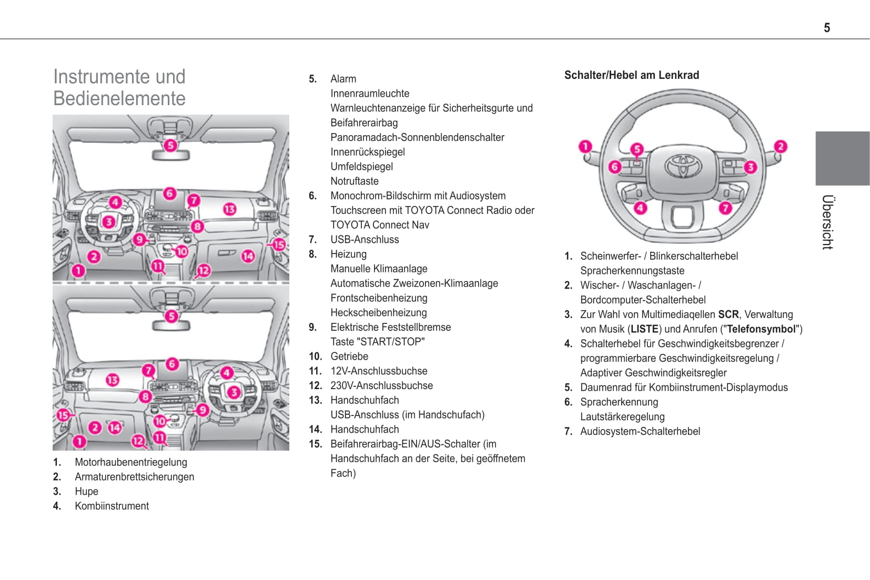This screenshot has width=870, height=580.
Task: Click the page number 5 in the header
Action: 827,28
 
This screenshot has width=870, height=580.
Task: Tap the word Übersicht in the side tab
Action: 827,222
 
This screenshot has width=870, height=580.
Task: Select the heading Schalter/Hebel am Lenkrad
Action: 631,75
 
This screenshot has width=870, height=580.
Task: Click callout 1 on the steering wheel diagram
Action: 585,146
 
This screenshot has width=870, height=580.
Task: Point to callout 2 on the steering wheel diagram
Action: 781,146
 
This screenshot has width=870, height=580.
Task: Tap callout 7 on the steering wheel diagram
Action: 725,208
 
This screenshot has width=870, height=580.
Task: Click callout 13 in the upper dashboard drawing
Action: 229,209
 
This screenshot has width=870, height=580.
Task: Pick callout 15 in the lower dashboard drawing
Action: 63,415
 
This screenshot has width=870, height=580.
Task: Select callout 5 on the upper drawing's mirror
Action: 170,145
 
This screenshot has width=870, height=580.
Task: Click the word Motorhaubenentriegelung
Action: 130,462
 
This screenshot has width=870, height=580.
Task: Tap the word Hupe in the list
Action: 86,491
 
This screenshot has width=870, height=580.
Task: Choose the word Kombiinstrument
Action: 112,506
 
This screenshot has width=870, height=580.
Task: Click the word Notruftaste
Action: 354,181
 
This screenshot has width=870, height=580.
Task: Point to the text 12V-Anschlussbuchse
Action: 379,371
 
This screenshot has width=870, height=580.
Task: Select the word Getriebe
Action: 349,356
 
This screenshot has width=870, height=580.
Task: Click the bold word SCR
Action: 728,314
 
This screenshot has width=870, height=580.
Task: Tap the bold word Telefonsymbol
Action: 761,329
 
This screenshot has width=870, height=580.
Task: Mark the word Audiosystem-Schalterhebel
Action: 640,431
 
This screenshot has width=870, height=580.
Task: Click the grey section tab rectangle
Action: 842,158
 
